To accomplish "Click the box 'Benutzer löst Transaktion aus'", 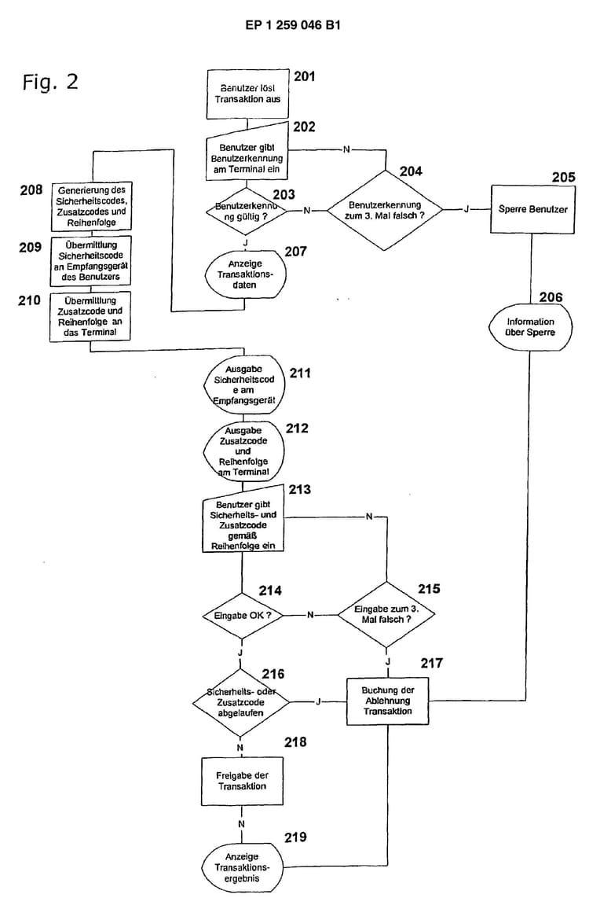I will coord(245,94).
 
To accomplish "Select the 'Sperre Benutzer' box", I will coord(532,210).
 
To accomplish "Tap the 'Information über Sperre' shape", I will coord(530,326).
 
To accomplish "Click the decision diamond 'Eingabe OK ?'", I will coord(243,615).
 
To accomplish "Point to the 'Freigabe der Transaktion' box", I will coord(242,781).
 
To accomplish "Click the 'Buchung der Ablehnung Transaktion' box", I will coord(388,701).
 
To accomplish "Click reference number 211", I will coord(299,373).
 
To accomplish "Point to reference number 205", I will coord(563,178).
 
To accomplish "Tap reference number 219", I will coord(296,837).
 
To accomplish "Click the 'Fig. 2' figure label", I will coord(50,82).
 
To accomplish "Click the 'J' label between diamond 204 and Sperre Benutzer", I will coord(467,210).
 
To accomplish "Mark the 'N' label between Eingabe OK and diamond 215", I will coord(310,615).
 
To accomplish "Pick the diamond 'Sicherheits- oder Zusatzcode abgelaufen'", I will coord(241,701).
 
